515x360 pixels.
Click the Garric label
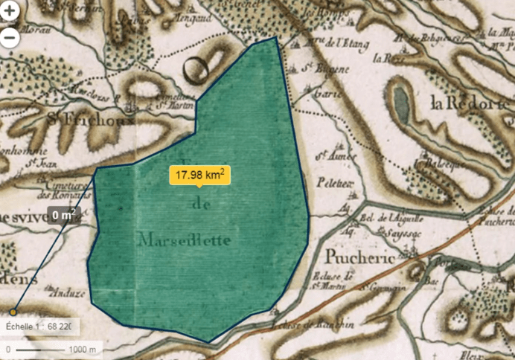click(x=325, y=94)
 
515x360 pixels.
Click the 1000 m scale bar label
click(x=83, y=349)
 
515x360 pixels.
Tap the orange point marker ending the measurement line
click(x=13, y=312)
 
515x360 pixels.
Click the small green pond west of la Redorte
click(x=401, y=106)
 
